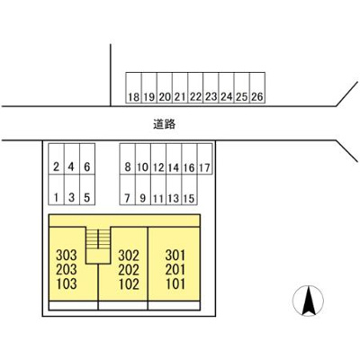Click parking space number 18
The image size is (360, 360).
(x=134, y=88)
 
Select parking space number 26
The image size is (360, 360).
(x=257, y=88)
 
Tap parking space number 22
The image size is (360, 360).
(x=195, y=88)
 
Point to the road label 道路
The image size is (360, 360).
(x=164, y=124)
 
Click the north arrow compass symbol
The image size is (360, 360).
(x=309, y=301)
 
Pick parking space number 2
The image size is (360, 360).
(x=57, y=158)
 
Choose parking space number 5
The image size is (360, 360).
(x=87, y=190)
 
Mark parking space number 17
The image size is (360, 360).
(x=204, y=158)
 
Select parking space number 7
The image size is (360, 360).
(x=128, y=190)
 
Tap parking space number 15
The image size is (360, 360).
(x=189, y=190)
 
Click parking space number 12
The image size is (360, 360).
(x=158, y=158)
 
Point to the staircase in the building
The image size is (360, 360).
(x=98, y=246)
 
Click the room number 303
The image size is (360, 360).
(x=67, y=256)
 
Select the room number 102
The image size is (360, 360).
(x=129, y=284)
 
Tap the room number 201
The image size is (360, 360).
(x=175, y=269)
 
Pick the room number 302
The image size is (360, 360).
(x=129, y=256)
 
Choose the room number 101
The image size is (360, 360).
(x=175, y=283)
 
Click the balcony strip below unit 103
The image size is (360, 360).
(x=73, y=305)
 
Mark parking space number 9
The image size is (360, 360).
(x=143, y=190)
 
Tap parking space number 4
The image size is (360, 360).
(x=72, y=158)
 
